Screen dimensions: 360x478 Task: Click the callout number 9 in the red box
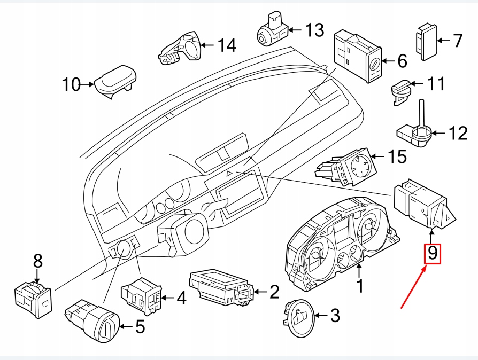click(433, 254)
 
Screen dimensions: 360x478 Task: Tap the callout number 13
click(314, 30)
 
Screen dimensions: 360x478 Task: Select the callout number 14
click(226, 45)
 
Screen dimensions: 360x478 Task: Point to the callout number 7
click(457, 41)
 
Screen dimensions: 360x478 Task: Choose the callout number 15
click(397, 156)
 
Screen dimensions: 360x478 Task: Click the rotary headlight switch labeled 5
click(91, 320)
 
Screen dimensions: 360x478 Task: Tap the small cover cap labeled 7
click(426, 41)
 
